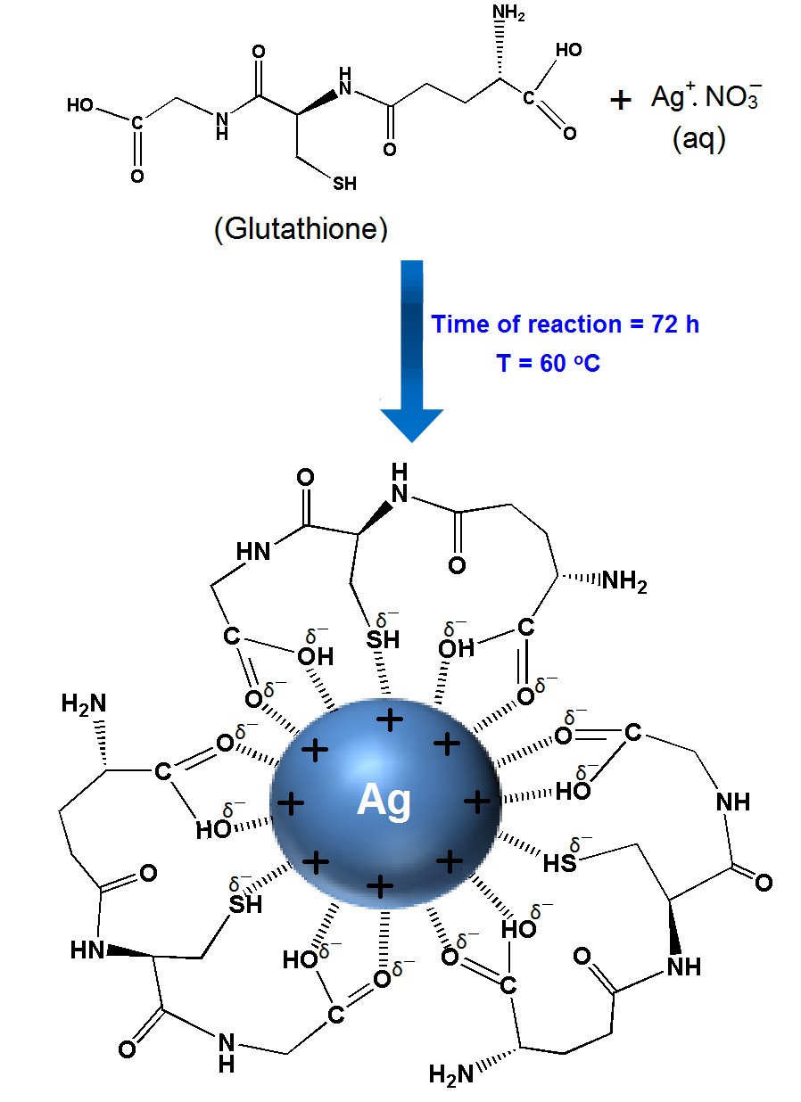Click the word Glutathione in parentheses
pos(301,228)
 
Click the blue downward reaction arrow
pos(411,350)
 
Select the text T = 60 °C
pos(548,364)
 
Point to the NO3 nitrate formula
pos(733,96)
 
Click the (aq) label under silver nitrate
pos(699,139)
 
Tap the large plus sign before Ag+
pos(620,100)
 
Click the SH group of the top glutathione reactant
pos(344,184)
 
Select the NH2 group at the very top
pos(508,13)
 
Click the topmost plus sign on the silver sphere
pos(390,720)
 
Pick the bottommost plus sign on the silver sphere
pos(380,886)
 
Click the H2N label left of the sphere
pos(84,703)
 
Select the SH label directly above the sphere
pos(383,639)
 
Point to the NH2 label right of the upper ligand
pos(624,581)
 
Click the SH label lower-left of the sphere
pos(245,905)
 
